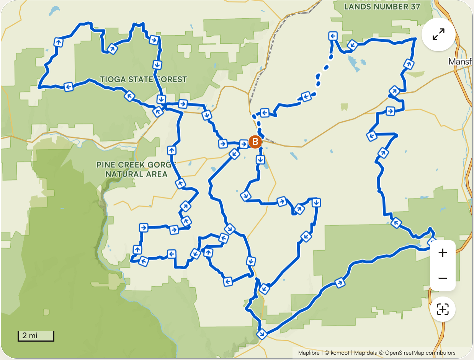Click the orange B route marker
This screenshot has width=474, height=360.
click(255, 142)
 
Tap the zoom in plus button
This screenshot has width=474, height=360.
click(443, 253)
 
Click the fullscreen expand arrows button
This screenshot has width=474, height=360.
click(438, 34)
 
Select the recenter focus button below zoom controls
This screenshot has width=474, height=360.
click(443, 309)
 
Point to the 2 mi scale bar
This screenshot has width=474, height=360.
click(36, 336)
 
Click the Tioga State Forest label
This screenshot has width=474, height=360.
click(143, 79)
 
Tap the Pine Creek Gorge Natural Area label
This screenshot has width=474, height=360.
click(136, 169)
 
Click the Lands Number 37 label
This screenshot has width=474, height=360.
click(382, 7)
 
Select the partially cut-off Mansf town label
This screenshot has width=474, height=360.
click(461, 61)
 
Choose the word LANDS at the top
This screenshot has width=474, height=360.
click(357, 7)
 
